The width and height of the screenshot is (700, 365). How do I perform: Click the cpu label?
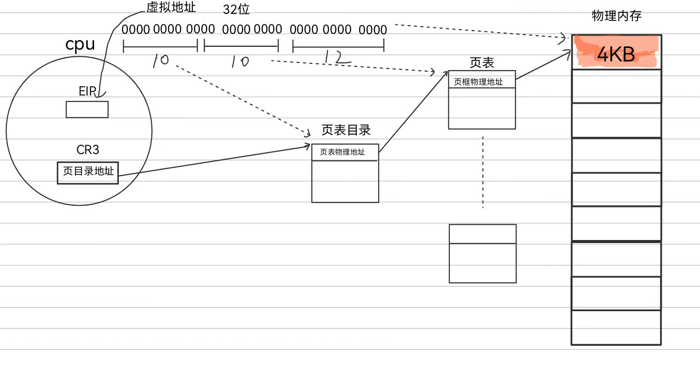coord(80,45)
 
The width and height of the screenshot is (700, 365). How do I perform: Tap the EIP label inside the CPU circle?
coord(87,91)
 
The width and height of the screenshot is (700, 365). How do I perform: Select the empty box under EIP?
coord(87,109)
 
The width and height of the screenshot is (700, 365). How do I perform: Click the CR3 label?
coord(88,150)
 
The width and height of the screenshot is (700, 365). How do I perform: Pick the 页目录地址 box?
coord(88,172)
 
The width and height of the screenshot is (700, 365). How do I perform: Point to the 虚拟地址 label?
coord(171,7)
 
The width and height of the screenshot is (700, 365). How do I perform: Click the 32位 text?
coord(236,10)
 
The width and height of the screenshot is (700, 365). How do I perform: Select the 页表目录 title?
coord(346,130)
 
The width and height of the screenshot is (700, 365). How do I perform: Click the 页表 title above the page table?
coord(482,63)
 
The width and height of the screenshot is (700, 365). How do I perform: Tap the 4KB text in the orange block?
coord(616,55)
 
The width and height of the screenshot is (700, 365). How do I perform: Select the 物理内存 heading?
coord(616,16)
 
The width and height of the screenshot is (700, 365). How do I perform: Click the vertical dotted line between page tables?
coord(483,174)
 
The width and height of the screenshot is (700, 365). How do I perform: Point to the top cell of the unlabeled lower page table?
coord(482,234)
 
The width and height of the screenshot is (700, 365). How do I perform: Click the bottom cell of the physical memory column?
coord(616,328)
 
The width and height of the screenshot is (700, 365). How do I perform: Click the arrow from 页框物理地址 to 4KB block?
coord(544,65)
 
